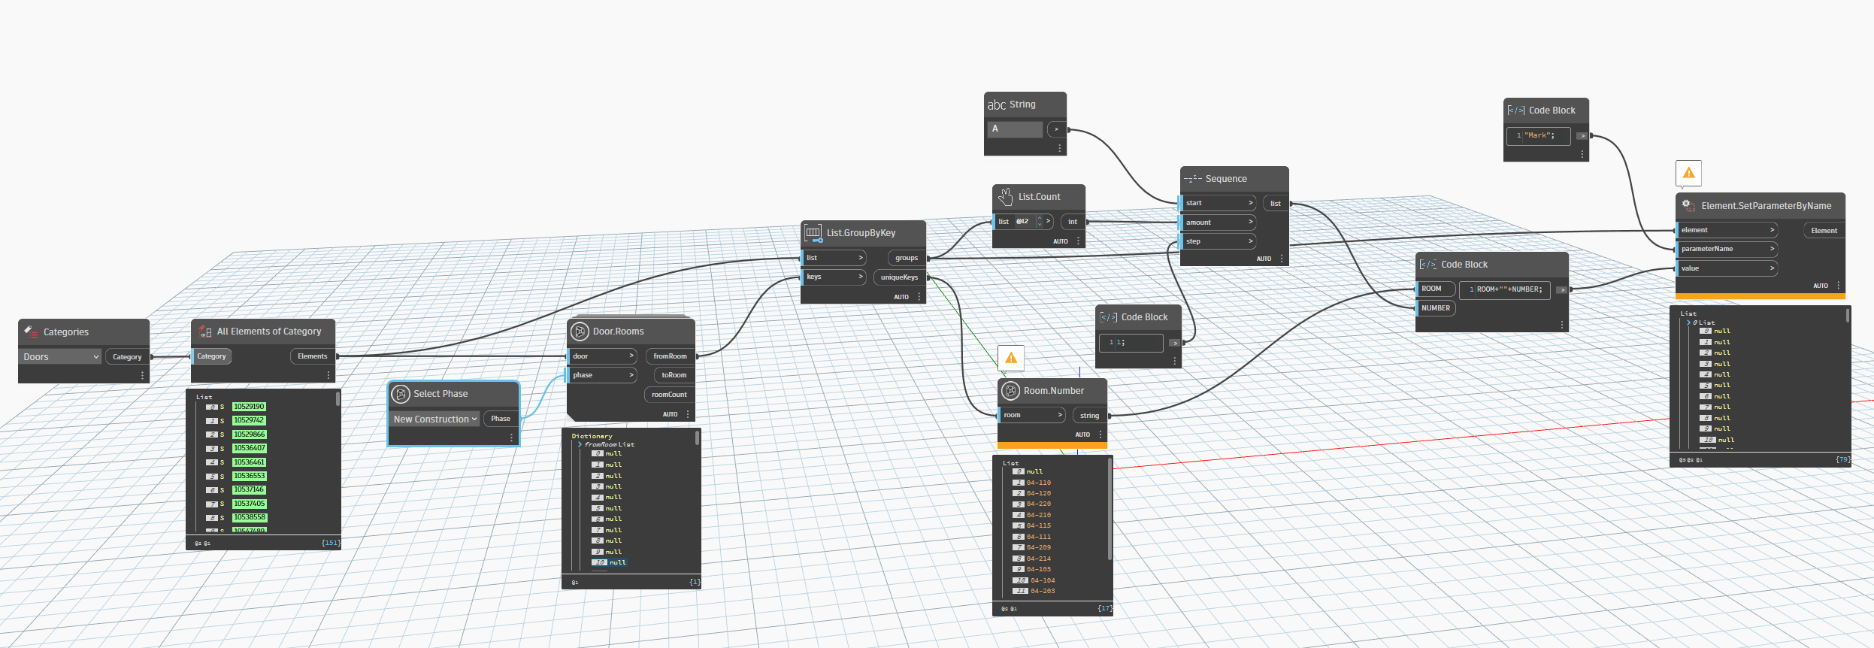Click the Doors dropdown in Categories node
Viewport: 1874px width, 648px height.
[59, 357]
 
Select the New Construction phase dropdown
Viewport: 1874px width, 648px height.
[435, 419]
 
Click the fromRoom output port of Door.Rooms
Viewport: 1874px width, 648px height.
[670, 356]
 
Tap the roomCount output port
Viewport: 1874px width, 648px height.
[669, 395]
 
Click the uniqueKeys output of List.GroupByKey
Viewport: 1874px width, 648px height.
[899, 277]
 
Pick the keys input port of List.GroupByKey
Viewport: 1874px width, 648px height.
[833, 277]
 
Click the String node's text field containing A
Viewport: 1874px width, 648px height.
[1016, 129]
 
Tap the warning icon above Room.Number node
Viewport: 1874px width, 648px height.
[1011, 358]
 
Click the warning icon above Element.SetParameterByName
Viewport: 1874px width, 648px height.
[1688, 174]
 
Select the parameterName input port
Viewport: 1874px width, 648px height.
[1726, 249]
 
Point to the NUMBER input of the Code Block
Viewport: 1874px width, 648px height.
[1435, 308]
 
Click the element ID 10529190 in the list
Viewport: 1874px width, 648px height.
[249, 407]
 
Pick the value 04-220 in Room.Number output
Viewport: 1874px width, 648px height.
[1039, 504]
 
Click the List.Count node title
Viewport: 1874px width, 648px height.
[1039, 197]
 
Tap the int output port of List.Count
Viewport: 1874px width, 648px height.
[1073, 222]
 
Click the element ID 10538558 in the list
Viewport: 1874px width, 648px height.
[249, 518]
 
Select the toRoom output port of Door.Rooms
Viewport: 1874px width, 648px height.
[674, 375]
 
